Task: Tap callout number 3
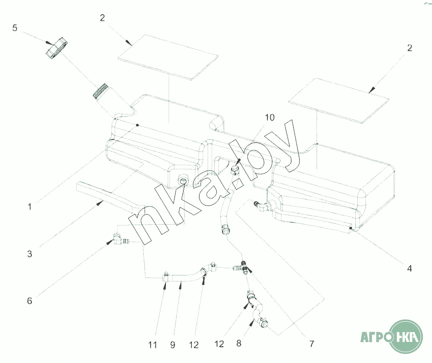(x=29, y=254)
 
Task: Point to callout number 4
(x=409, y=268)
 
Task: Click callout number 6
(x=29, y=300)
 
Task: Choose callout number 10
(x=269, y=118)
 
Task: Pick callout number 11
(x=153, y=345)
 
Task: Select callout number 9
(x=173, y=345)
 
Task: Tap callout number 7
(x=311, y=344)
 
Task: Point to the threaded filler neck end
(x=100, y=91)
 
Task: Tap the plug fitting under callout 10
(x=235, y=170)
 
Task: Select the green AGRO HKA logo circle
(x=406, y=338)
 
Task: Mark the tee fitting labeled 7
(x=244, y=267)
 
